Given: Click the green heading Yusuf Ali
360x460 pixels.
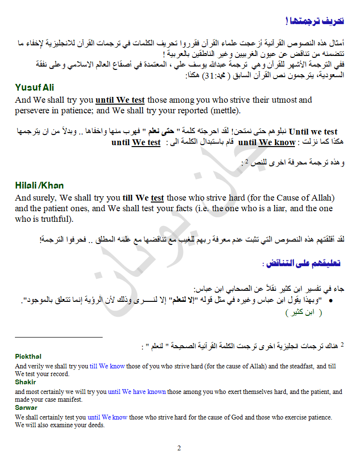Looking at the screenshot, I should click(34, 87).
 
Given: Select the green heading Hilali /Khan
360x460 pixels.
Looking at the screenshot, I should click(40, 185).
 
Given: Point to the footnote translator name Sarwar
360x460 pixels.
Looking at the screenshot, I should click(26, 407).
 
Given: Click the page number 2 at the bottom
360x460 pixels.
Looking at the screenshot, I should click(179, 448).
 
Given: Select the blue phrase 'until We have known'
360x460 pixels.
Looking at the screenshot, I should click(137, 392).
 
